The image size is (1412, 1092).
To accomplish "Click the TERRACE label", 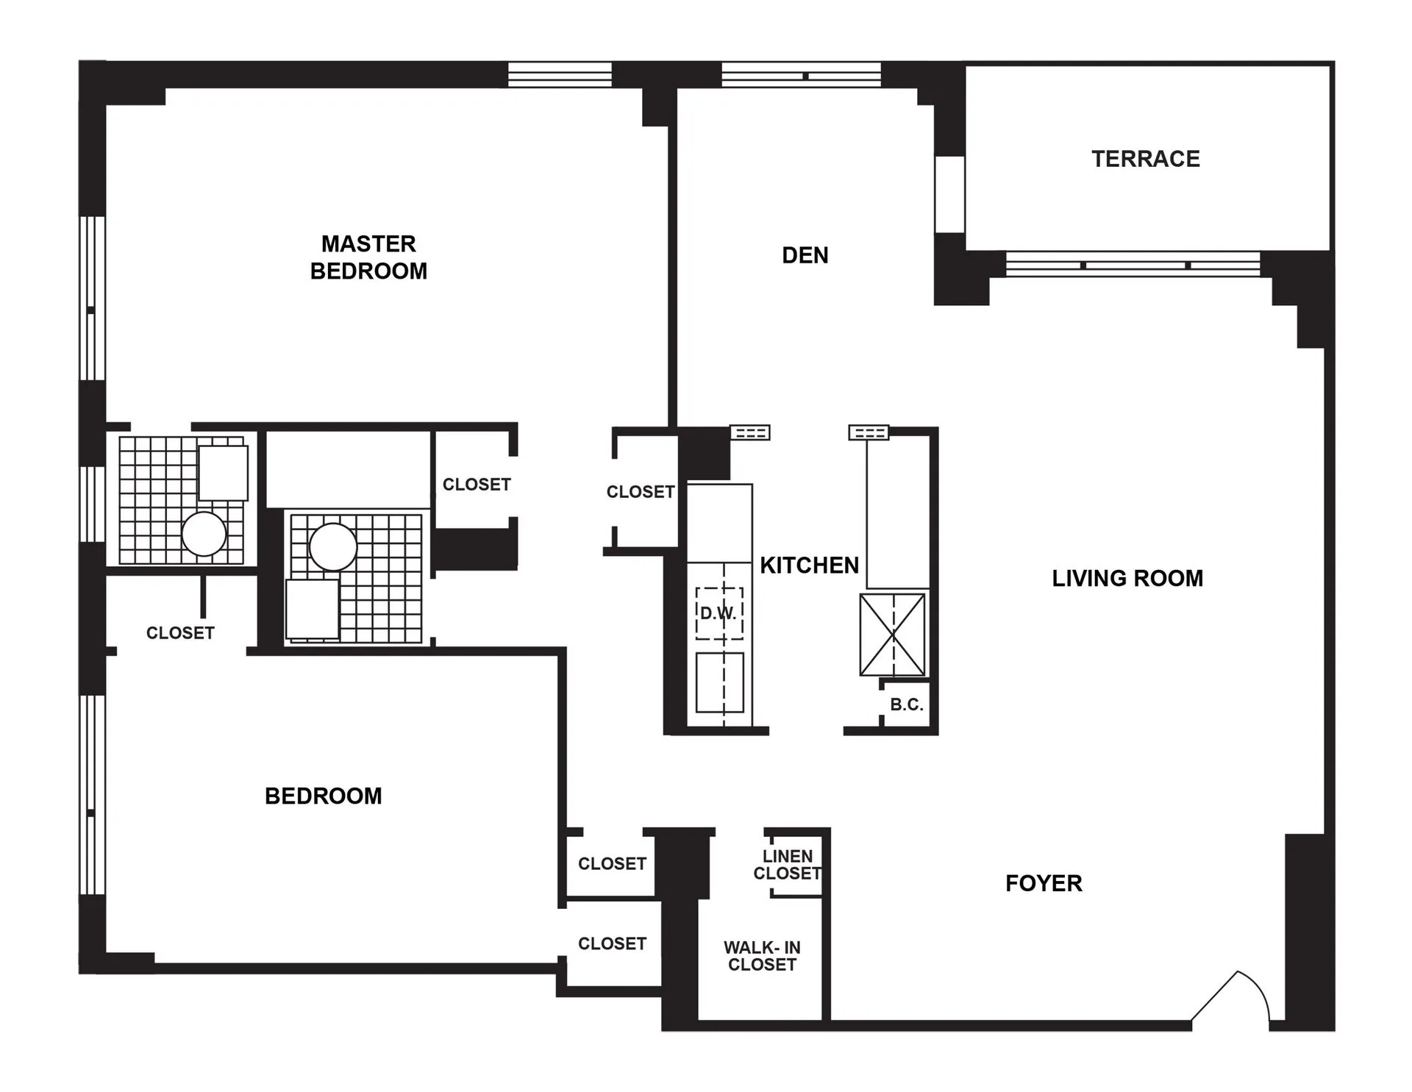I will (1145, 159).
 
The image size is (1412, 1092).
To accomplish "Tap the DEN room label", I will (805, 255).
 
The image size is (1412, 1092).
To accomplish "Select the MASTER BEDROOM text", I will (368, 257).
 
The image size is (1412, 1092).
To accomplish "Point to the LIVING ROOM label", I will (1127, 579).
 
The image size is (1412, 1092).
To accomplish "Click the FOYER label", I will (1044, 883).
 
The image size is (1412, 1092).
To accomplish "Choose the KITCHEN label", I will (809, 565).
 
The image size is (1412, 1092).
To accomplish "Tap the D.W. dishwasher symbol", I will (719, 613).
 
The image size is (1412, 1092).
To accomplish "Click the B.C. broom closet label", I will (906, 704).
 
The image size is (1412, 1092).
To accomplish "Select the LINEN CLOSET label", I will (787, 865).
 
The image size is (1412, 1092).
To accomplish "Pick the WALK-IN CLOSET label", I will (762, 956).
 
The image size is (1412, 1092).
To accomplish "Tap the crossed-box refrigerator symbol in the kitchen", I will (892, 635).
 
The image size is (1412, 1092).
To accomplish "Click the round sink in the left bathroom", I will (204, 534).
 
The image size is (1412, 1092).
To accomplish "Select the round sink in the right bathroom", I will (332, 547).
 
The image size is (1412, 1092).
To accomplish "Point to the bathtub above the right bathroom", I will (347, 469).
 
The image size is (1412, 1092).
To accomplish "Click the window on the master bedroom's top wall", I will (560, 74).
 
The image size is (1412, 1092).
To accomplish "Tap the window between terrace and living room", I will (1133, 265).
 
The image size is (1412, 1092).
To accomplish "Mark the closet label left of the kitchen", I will (640, 492).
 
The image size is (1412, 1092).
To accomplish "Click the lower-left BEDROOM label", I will (323, 796).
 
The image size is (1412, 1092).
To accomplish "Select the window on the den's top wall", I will (801, 75).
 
